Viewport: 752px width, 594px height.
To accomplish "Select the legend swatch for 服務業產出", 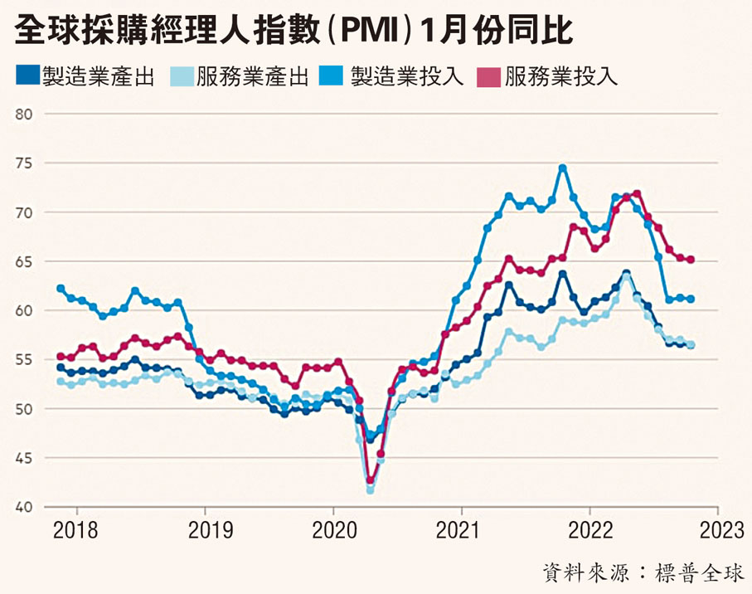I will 180,77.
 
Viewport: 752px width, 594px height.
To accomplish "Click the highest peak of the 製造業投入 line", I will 562,168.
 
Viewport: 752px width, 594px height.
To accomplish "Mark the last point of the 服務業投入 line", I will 691,260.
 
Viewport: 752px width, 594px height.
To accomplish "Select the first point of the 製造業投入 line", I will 61,289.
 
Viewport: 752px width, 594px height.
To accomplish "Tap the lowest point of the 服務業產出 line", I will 370,490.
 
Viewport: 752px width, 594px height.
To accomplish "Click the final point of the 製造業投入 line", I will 691,299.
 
